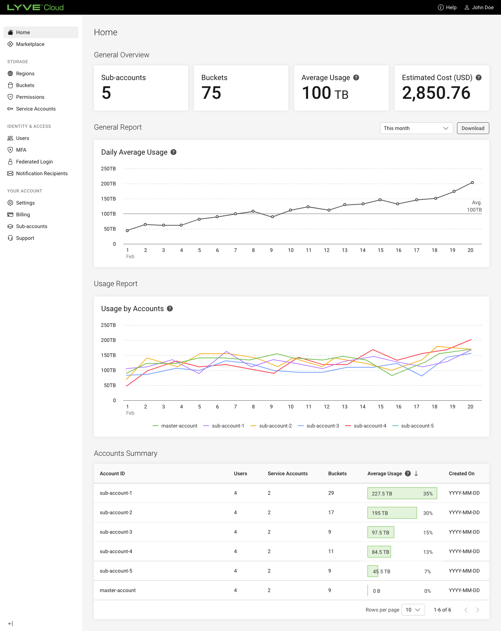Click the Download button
(473, 128)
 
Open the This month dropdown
(416, 128)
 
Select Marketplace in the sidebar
(30, 44)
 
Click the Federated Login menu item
(34, 162)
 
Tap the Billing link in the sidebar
(23, 214)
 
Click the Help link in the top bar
(447, 7)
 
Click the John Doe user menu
(479, 7)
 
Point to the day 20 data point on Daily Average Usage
(472, 183)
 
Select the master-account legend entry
(175, 426)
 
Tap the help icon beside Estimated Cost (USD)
(479, 77)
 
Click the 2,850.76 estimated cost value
(436, 93)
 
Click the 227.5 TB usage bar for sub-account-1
(402, 493)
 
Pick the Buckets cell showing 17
(331, 512)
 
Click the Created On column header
(461, 473)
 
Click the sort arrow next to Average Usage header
(416, 473)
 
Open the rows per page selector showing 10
(413, 610)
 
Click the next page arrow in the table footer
(478, 610)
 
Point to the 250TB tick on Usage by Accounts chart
(108, 325)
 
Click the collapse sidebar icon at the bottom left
(10, 624)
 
